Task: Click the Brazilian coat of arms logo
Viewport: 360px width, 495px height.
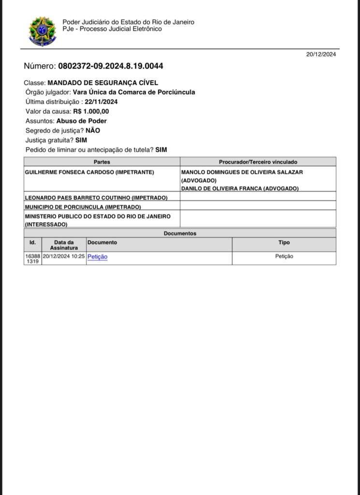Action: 43,31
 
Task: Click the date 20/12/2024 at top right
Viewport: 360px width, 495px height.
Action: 321,54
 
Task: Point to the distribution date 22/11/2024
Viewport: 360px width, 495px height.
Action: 101,102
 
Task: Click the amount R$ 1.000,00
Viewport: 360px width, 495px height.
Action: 91,112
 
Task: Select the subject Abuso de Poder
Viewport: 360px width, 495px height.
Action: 81,121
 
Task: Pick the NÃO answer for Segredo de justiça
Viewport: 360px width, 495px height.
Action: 93,131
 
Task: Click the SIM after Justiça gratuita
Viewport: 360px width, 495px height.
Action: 81,140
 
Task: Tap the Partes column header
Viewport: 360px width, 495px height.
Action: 102,162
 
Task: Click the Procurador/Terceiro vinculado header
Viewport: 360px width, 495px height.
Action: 258,162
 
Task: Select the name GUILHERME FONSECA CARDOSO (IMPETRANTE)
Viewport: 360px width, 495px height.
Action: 89,172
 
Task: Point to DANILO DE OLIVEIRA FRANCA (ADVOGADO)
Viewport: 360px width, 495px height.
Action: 240,189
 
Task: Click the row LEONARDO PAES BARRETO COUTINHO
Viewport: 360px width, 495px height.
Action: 96,198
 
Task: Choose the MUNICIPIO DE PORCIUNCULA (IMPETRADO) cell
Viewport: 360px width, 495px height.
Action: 83,207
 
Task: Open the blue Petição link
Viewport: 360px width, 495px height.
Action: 97,257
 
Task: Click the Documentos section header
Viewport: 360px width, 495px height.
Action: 180,233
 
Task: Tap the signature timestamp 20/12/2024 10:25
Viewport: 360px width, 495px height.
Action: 64,257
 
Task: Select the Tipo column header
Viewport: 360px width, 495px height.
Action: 284,243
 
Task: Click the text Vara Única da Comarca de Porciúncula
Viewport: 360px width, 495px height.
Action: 134,92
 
